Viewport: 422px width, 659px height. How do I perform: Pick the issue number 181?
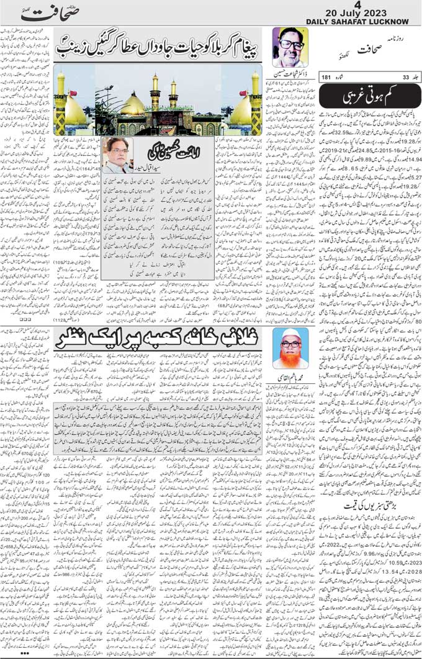tap(326, 77)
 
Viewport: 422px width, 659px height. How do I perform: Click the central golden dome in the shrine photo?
tap(133, 104)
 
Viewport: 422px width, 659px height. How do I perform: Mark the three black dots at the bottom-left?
tap(24, 653)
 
